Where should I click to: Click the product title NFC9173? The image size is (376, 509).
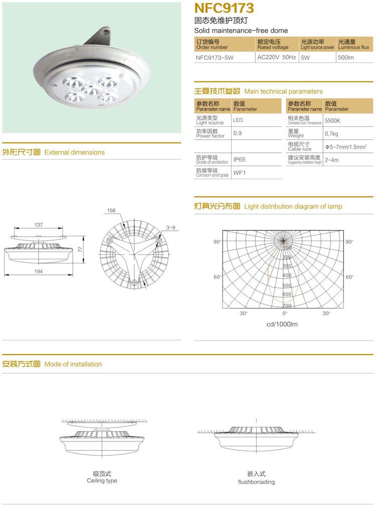pyautogui.click(x=224, y=9)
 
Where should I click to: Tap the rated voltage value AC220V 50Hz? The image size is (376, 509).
pyautogui.click(x=276, y=57)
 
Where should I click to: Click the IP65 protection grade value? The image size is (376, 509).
pyautogui.click(x=239, y=160)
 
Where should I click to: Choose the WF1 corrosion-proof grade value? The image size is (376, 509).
pyautogui.click(x=239, y=173)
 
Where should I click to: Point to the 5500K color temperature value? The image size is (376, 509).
pyautogui.click(x=332, y=121)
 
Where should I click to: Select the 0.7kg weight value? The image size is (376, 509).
pyautogui.click(x=331, y=134)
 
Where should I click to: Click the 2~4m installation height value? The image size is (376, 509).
pyautogui.click(x=332, y=160)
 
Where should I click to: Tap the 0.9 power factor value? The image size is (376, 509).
pyautogui.click(x=238, y=133)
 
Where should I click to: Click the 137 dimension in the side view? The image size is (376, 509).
pyautogui.click(x=39, y=225)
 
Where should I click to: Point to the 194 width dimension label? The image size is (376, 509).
pyautogui.click(x=39, y=271)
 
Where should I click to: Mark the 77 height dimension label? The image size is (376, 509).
pyautogui.click(x=80, y=249)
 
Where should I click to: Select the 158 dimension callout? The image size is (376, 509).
pyautogui.click(x=111, y=211)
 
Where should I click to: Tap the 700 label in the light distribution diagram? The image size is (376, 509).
pyautogui.click(x=287, y=305)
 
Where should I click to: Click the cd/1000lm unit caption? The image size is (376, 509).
pyautogui.click(x=282, y=324)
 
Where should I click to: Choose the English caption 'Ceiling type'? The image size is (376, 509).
pyautogui.click(x=102, y=480)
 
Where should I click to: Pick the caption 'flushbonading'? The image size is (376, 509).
pyautogui.click(x=256, y=482)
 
